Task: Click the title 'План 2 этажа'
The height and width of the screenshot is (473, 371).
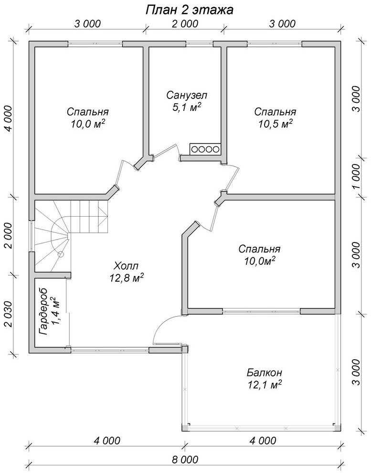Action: point(189,10)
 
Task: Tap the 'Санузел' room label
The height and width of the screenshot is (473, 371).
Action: point(187,95)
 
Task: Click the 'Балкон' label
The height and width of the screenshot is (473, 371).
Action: point(265,372)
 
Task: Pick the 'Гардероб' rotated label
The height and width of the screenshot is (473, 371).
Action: point(44,312)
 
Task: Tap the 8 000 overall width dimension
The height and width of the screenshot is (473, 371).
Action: point(185,460)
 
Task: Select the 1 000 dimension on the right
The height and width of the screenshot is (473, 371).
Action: point(356,176)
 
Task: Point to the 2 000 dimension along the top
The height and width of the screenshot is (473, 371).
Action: point(185,23)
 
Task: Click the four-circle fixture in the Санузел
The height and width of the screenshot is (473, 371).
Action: point(205,149)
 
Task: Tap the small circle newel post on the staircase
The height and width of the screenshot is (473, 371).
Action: point(61,253)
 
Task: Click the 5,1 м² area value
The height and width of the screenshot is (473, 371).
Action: point(187,107)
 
